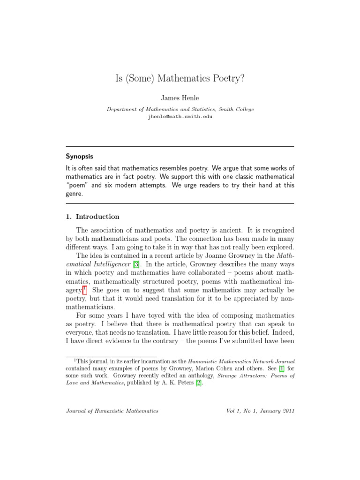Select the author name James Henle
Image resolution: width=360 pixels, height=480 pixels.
[180, 98]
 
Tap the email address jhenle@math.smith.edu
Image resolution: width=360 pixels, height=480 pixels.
[180, 117]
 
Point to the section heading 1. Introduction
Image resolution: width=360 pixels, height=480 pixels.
[92, 217]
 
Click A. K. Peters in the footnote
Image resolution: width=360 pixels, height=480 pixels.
[177, 383]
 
